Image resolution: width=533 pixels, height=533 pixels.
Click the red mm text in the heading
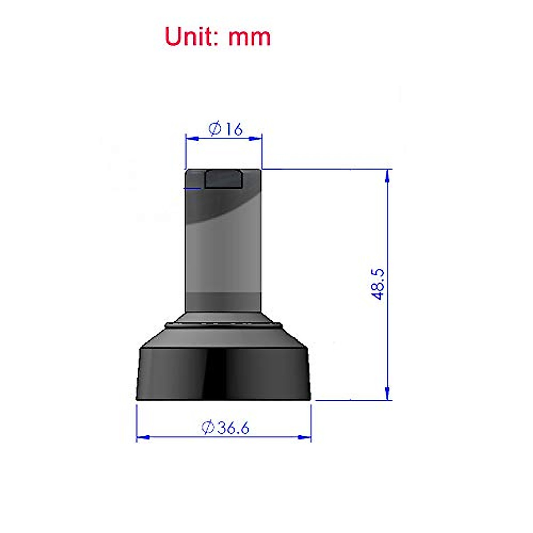point(249,37)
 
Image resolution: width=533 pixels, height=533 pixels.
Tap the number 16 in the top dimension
point(234,129)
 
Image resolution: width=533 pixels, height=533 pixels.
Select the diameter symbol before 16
point(215,129)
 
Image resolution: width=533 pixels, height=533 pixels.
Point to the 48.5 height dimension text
point(378,284)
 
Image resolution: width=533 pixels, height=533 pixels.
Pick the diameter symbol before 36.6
point(208,428)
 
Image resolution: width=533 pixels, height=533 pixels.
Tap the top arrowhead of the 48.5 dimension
point(388,175)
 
